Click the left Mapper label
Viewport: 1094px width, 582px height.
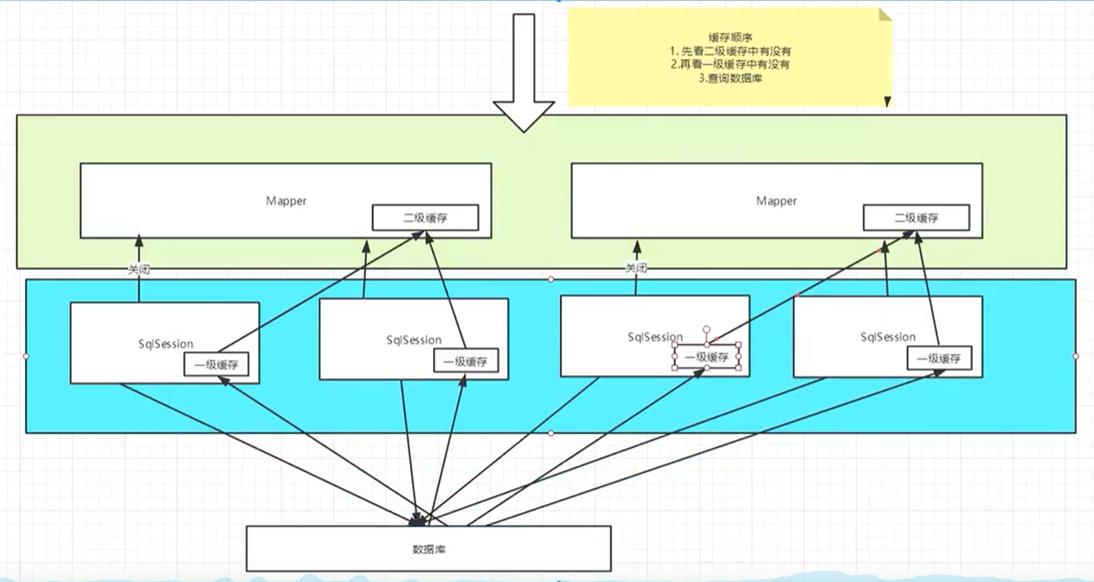tap(287, 200)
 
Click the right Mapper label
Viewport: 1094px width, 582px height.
tap(776, 200)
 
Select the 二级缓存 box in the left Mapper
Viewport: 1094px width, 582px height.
tap(425, 218)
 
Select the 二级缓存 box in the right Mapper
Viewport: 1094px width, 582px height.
tap(916, 218)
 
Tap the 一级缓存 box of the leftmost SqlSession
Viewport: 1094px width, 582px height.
tap(216, 366)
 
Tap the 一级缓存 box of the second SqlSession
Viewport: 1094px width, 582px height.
tap(465, 362)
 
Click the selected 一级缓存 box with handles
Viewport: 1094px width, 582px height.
tap(706, 356)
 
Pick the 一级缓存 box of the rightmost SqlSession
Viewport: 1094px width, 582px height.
tap(939, 358)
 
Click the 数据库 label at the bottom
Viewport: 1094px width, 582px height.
tap(429, 550)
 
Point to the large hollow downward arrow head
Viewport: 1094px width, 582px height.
tap(523, 114)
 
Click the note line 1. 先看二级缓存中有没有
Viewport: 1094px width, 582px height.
tap(728, 51)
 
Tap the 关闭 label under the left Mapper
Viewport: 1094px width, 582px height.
tap(138, 269)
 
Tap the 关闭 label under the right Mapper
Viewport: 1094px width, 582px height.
tap(636, 268)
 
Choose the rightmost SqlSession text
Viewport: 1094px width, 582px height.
tap(888, 336)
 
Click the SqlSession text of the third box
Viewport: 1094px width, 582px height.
tap(655, 336)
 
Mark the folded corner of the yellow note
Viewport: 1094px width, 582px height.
tap(885, 15)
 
